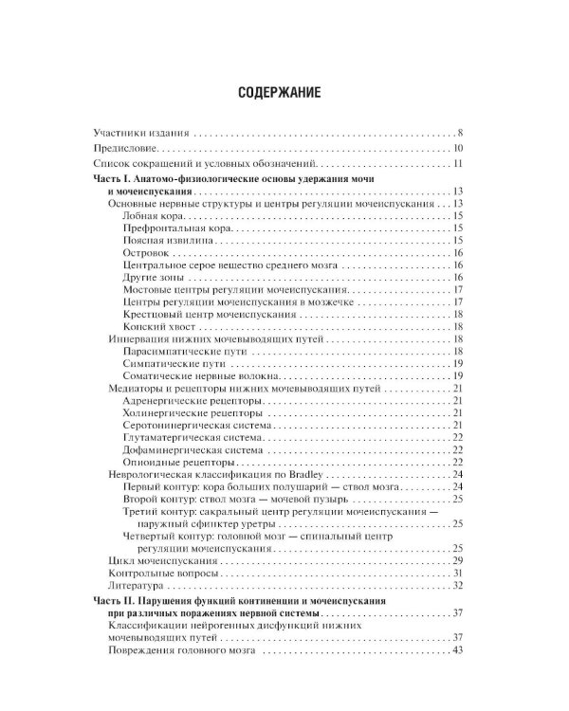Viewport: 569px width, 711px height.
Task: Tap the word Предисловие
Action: point(131,149)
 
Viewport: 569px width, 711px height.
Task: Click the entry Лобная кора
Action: point(156,216)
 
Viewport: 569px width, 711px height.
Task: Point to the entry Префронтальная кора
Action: point(177,229)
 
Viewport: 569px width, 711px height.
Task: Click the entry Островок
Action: point(147,254)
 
